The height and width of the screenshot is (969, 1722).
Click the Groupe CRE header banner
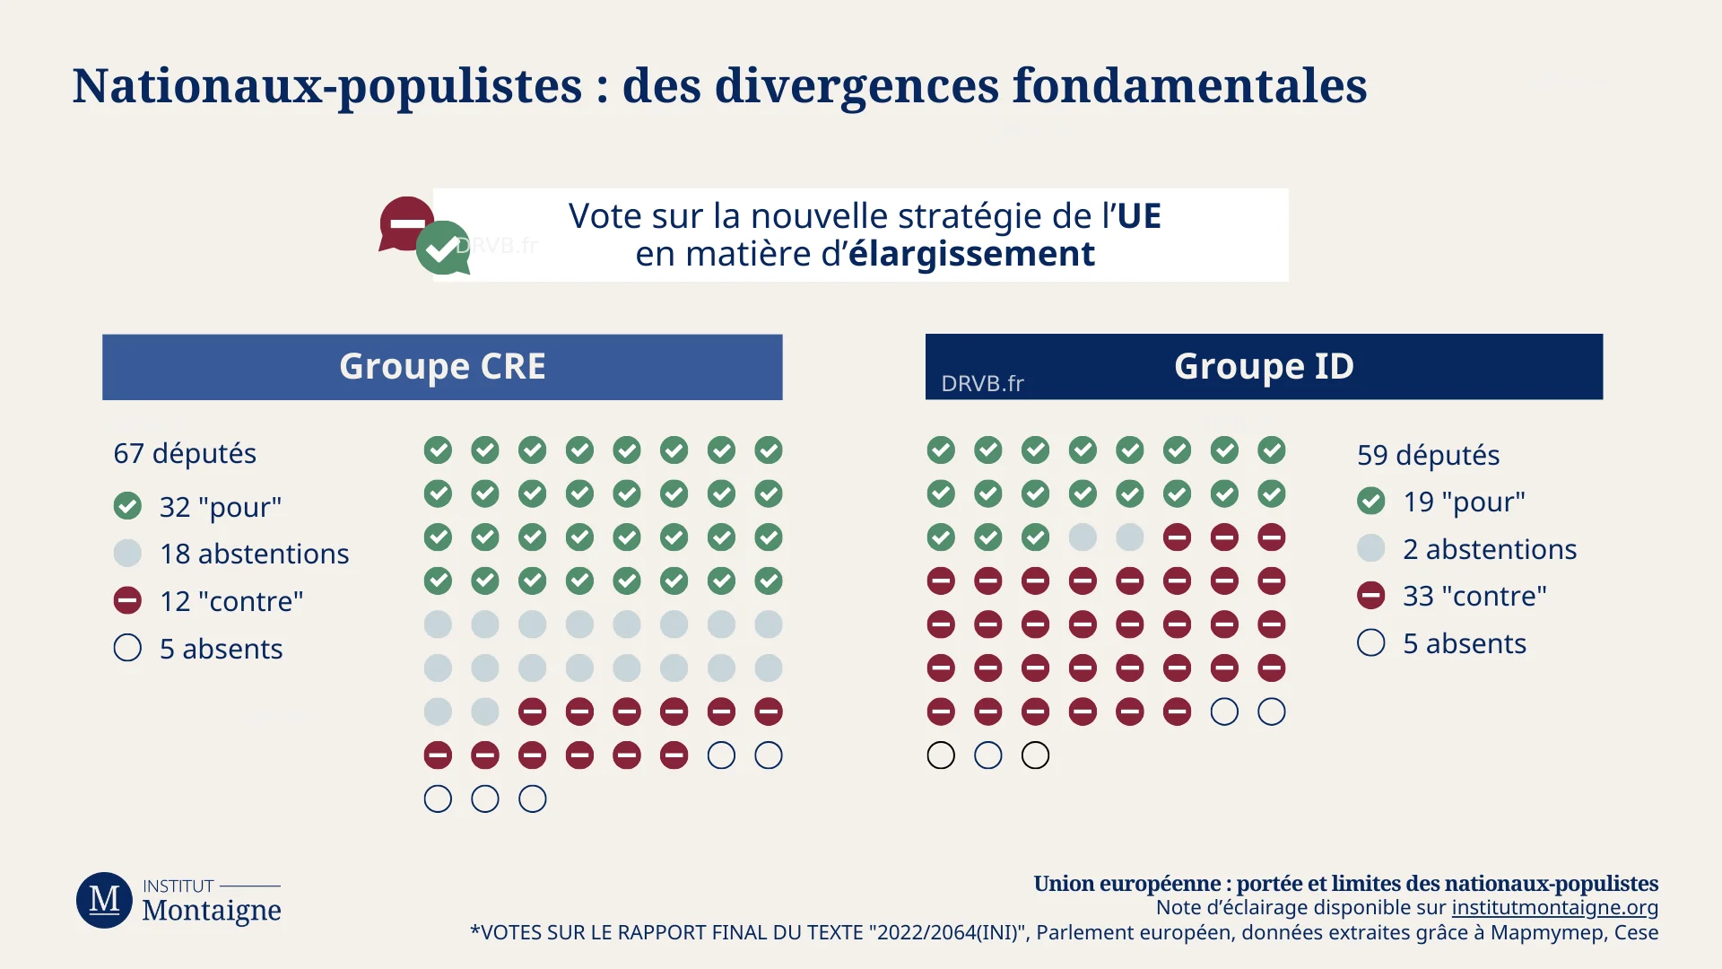pyautogui.click(x=442, y=367)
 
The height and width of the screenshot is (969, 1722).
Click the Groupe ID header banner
pyautogui.click(x=1264, y=366)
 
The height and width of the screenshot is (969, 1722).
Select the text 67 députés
pyautogui.click(x=185, y=453)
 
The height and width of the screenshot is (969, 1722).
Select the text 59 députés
pyautogui.click(x=1428, y=455)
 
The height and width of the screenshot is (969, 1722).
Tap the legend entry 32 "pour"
pyautogui.click(x=220, y=507)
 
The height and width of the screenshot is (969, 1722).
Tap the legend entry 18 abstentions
pyautogui.click(x=254, y=554)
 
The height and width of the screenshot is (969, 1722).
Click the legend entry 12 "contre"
pyautogui.click(x=231, y=601)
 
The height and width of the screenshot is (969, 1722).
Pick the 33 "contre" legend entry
pyautogui.click(x=1474, y=596)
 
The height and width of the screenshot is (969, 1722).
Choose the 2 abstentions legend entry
pyautogui.click(x=1489, y=549)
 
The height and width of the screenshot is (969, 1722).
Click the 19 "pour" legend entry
pyautogui.click(x=1464, y=502)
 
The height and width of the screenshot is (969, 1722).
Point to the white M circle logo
pyautogui.click(x=104, y=900)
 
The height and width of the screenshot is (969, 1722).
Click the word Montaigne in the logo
pyautogui.click(x=212, y=911)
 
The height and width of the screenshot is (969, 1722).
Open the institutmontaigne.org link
pyautogui.click(x=1554, y=907)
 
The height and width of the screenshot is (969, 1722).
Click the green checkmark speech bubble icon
pyautogui.click(x=443, y=249)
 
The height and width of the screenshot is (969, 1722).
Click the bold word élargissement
pyautogui.click(x=971, y=254)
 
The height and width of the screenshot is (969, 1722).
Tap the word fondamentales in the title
pyautogui.click(x=1189, y=86)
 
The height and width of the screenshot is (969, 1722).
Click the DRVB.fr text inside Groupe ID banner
pyautogui.click(x=982, y=384)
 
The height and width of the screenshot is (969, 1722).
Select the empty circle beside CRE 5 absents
pyautogui.click(x=127, y=648)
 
